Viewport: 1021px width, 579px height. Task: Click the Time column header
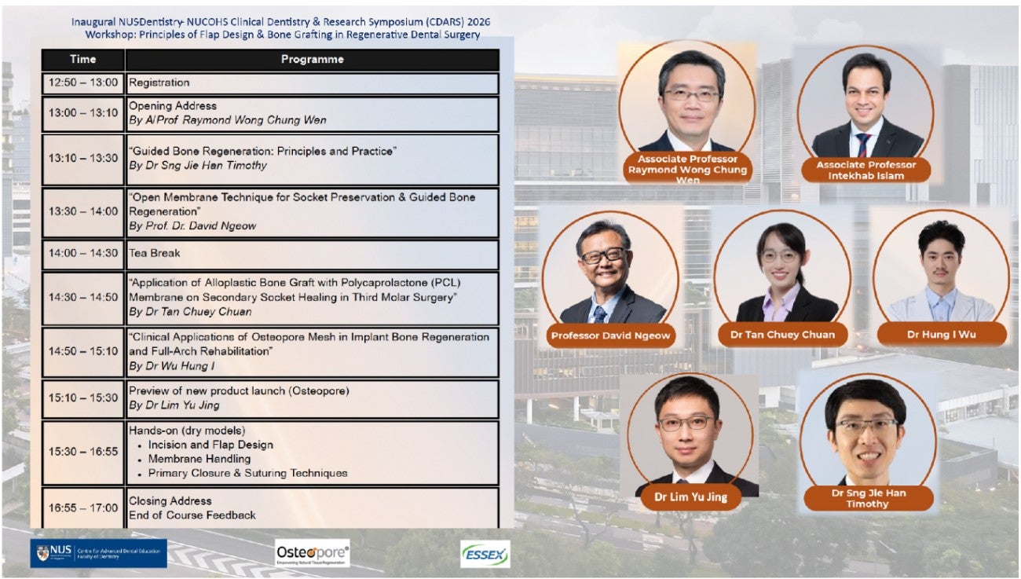pos(83,59)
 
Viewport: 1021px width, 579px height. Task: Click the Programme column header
pos(313,59)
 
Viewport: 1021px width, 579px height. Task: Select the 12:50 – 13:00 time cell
pos(83,83)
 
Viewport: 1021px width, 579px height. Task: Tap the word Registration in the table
pos(159,82)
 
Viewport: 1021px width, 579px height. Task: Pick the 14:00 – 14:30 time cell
pos(83,254)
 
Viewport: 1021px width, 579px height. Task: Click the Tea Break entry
pos(155,253)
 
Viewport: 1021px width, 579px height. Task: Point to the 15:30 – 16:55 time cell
pos(83,452)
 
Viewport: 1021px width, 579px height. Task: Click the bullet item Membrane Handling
pos(199,459)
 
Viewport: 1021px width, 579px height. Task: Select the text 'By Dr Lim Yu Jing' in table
pos(174,405)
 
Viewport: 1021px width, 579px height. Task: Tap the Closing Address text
pos(170,500)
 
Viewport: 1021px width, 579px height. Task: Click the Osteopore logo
pos(313,553)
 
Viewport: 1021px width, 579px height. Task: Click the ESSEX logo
pos(485,554)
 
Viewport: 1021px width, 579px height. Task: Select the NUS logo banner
pos(98,553)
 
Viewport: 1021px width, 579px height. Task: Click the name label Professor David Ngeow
pos(610,335)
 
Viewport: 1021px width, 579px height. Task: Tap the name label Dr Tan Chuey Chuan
pos(782,335)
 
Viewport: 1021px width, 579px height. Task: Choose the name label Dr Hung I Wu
pos(941,335)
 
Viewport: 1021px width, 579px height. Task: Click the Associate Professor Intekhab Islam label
pos(866,170)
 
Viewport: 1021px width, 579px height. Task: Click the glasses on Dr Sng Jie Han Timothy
pos(866,427)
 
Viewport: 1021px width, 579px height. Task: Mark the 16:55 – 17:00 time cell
pos(83,508)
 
